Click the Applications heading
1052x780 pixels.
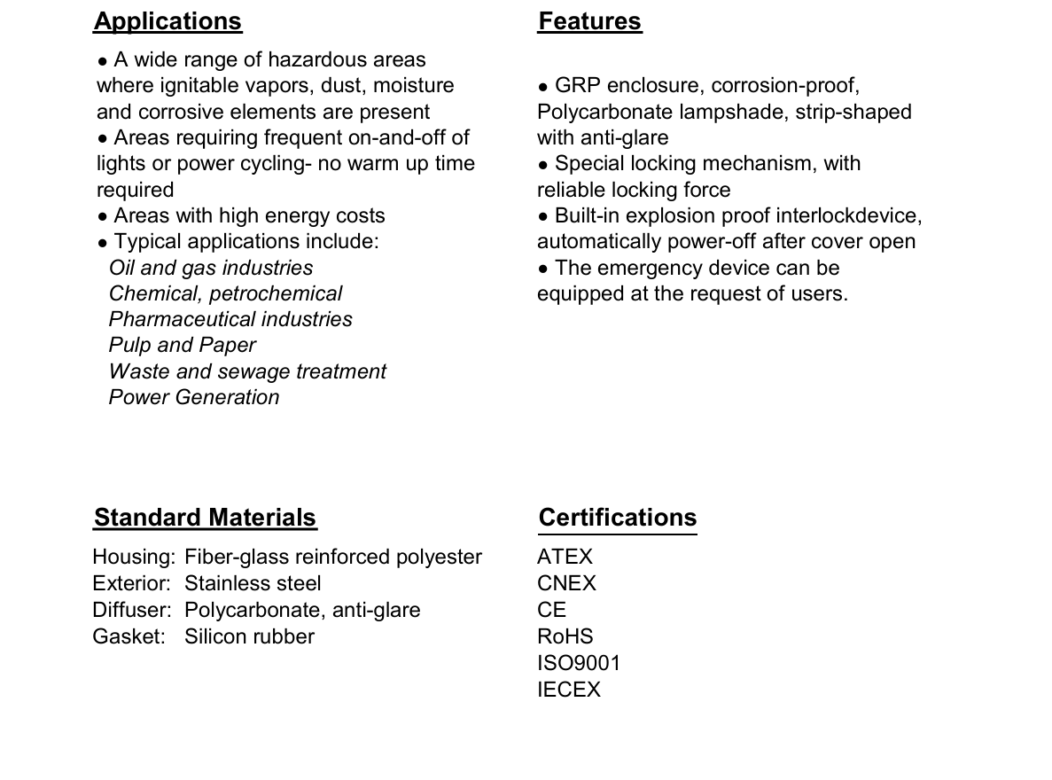tap(168, 21)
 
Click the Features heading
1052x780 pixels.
tap(589, 21)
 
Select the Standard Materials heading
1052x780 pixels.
tap(205, 518)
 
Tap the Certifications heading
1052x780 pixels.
tap(618, 518)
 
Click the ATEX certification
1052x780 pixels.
tap(565, 557)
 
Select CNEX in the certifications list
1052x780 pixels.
tap(566, 583)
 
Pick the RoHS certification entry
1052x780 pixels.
tap(565, 636)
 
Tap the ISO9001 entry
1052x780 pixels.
tap(579, 663)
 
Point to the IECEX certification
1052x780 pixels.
tap(568, 690)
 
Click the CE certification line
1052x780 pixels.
tap(551, 610)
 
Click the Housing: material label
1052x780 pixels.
tap(134, 557)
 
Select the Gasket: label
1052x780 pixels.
tap(129, 636)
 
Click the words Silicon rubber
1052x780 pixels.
tap(249, 636)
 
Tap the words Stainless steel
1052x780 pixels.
tap(253, 583)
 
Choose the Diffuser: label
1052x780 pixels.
tap(133, 610)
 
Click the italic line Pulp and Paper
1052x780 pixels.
tap(182, 345)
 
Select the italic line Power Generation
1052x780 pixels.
tap(194, 397)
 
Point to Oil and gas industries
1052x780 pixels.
tap(211, 268)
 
